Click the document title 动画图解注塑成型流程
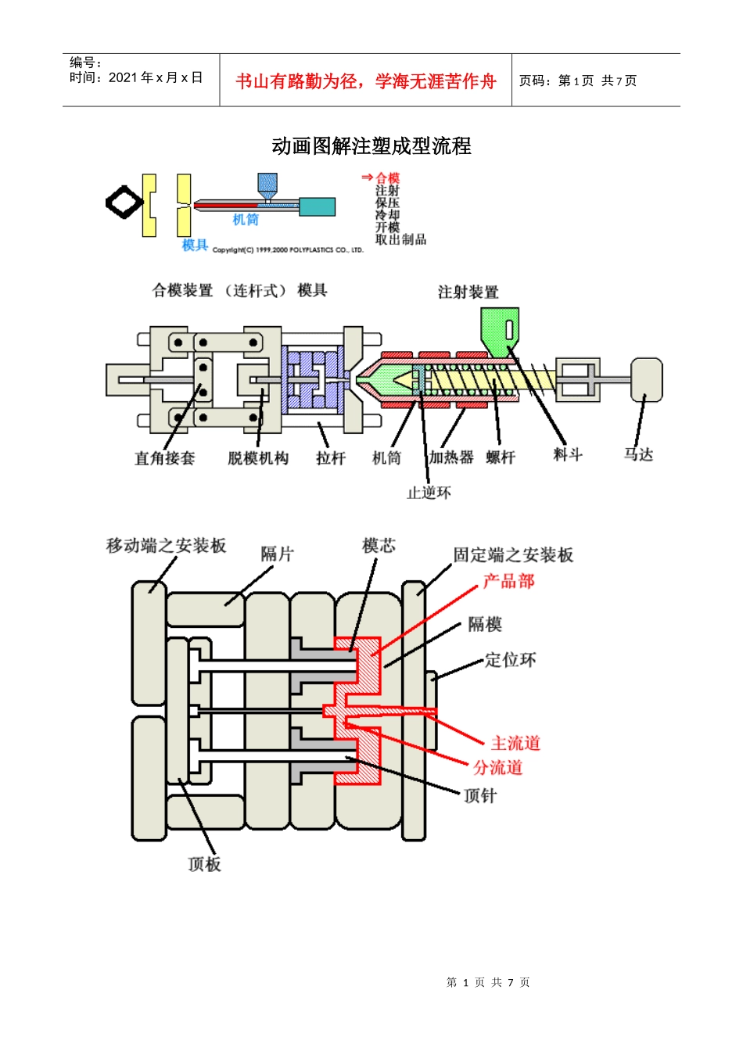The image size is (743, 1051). [x=371, y=146]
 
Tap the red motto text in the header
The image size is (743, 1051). [x=365, y=81]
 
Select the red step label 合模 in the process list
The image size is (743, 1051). [x=387, y=178]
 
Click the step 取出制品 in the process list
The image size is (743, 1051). [x=400, y=239]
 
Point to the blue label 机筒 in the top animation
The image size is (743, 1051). [x=246, y=220]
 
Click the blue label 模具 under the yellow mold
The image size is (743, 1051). [x=195, y=246]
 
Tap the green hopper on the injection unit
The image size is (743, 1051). [x=498, y=328]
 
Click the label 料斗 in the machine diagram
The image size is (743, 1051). [x=568, y=454]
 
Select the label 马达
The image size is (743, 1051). [x=638, y=454]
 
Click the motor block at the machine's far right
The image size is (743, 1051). [x=647, y=379]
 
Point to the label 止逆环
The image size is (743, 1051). [x=429, y=493]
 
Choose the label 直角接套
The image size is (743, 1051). [x=164, y=458]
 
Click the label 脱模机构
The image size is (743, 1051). [x=258, y=458]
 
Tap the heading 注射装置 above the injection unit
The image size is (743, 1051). [x=468, y=292]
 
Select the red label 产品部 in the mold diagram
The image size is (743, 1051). [x=508, y=581]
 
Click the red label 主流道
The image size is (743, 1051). [x=515, y=743]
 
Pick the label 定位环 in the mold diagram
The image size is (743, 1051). [x=510, y=660]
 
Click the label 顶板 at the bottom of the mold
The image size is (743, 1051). [x=205, y=864]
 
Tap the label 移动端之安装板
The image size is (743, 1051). [x=167, y=546]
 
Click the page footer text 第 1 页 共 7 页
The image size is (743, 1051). [x=488, y=982]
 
